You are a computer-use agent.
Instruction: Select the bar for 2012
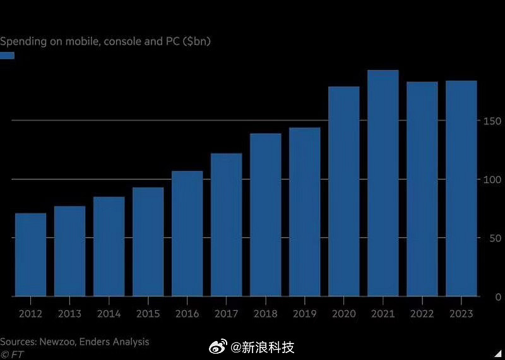coord(30,255)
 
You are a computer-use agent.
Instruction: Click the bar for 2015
coord(148,242)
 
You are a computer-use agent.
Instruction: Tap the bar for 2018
coord(265,215)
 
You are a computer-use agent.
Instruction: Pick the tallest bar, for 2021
coord(383,183)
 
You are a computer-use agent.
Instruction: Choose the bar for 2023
coord(461,188)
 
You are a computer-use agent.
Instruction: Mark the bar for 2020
coord(343,191)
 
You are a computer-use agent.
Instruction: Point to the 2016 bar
coord(187,234)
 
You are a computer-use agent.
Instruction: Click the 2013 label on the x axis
coord(69,314)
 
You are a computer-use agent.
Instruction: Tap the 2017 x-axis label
coord(226,314)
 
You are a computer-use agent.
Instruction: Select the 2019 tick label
coord(304,314)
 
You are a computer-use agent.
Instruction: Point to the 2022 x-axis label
coord(422,314)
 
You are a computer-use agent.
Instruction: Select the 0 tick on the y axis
coord(498,296)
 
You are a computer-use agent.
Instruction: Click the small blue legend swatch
coord(7,56)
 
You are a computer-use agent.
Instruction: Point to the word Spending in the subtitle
coord(22,42)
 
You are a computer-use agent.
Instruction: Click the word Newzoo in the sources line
coord(61,342)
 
